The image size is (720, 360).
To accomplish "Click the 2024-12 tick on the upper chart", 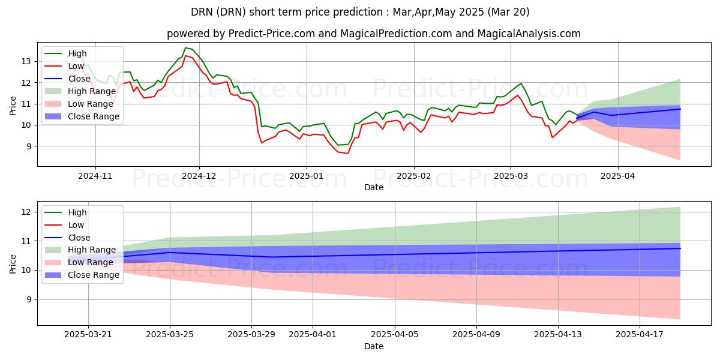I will [x=199, y=176].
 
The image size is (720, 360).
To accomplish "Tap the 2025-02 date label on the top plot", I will [x=413, y=176].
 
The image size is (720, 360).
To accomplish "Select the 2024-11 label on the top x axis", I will [x=95, y=176].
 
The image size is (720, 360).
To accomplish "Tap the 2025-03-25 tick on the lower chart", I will [x=170, y=334].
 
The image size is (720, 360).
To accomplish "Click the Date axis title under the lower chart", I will [x=373, y=346].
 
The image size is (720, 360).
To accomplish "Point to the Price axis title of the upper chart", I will [x=13, y=105].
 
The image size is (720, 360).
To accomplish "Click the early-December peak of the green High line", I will [x=185, y=47].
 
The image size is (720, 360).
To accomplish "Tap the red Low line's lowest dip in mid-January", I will [x=347, y=153].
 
